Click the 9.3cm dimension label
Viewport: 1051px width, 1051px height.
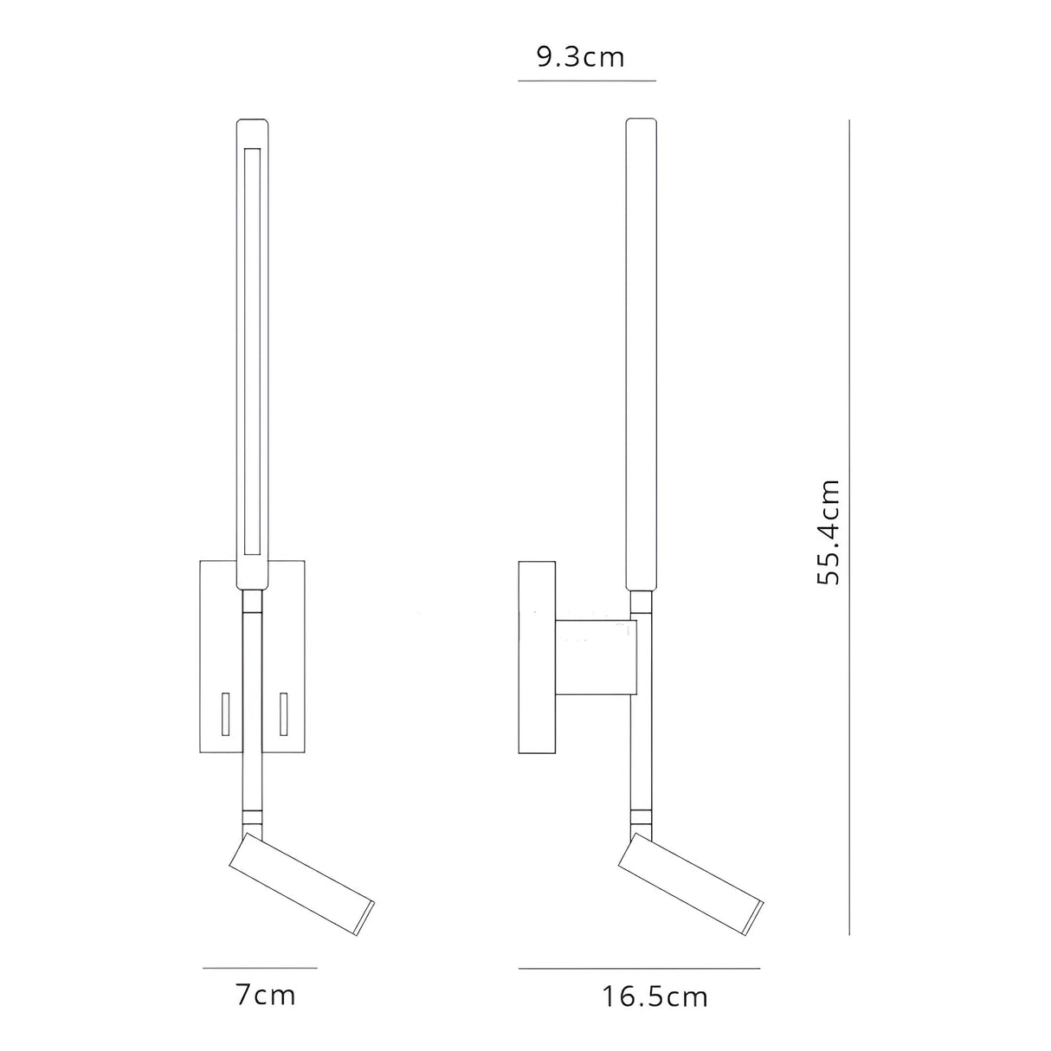[x=580, y=57]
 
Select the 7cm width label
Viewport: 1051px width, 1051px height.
[x=266, y=996]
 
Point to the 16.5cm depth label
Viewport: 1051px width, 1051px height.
[x=655, y=997]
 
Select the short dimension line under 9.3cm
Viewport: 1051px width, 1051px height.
[x=586, y=81]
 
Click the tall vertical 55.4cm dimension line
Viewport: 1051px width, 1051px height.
[x=849, y=528]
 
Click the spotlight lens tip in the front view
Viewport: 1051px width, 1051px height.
[x=369, y=910]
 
